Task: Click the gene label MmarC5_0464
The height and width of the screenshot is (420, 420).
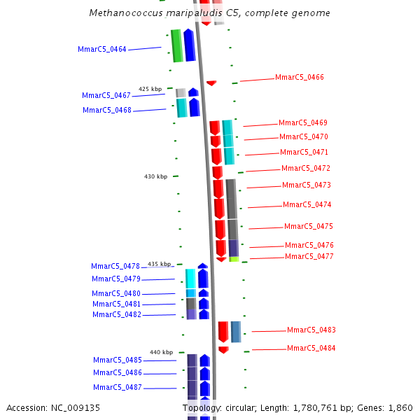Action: pos(102,49)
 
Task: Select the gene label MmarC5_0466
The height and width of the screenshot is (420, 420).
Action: pos(299,77)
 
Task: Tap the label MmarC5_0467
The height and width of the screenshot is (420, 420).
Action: pos(106,95)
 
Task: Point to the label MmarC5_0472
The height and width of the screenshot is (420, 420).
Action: pos(305,168)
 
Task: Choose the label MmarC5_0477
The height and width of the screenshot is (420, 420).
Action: pos(309,256)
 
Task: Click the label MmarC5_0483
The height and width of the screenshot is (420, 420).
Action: pos(311,330)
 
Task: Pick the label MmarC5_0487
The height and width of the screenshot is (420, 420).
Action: pos(118,387)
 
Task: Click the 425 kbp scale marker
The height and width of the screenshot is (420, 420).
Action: pos(150,89)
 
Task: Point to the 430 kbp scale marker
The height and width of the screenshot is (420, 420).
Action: pos(155,176)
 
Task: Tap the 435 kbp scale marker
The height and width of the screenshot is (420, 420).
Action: pos(159,264)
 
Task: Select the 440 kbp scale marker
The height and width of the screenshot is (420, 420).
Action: pos(161,352)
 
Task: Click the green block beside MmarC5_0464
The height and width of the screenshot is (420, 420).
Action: pos(176,45)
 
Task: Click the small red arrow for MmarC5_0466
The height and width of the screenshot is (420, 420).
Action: pos(211,83)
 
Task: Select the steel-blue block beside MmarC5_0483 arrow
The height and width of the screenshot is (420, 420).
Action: pos(236,331)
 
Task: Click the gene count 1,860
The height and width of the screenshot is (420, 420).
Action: pos(400,407)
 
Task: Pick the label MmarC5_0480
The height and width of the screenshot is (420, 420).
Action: pos(115,293)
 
